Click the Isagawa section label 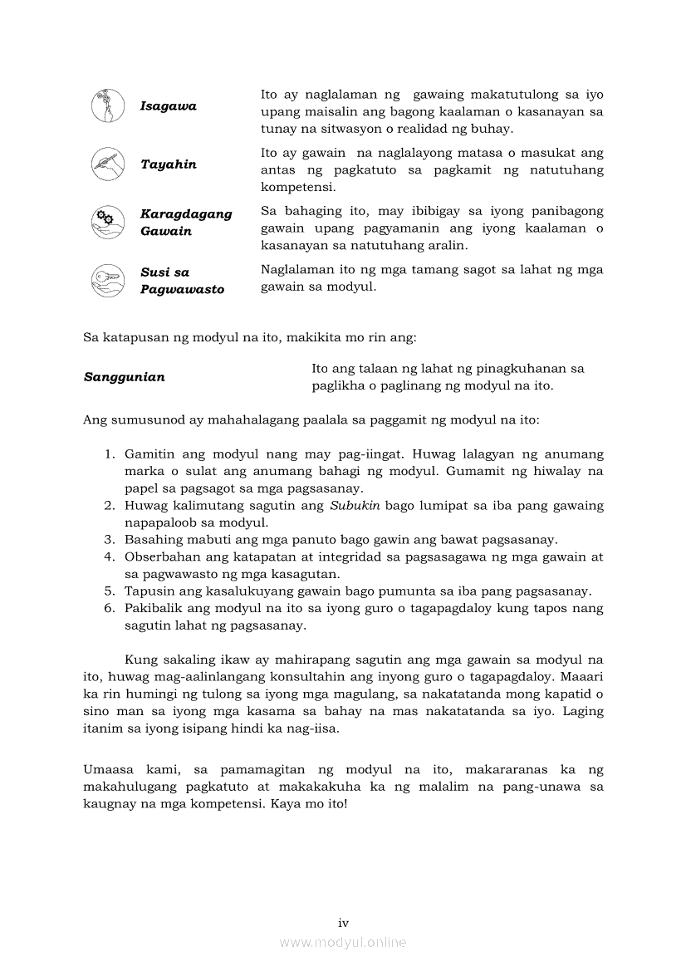(169, 106)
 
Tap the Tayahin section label (169, 164)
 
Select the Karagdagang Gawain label (186, 223)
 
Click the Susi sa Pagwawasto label (182, 281)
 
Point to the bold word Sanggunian (125, 377)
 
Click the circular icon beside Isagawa (108, 106)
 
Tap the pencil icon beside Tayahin (108, 164)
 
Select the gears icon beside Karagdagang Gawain (108, 222)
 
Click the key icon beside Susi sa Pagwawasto (108, 280)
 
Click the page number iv (343, 923)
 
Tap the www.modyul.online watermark (343, 943)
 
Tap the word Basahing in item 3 (150, 540)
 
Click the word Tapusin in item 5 (147, 591)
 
